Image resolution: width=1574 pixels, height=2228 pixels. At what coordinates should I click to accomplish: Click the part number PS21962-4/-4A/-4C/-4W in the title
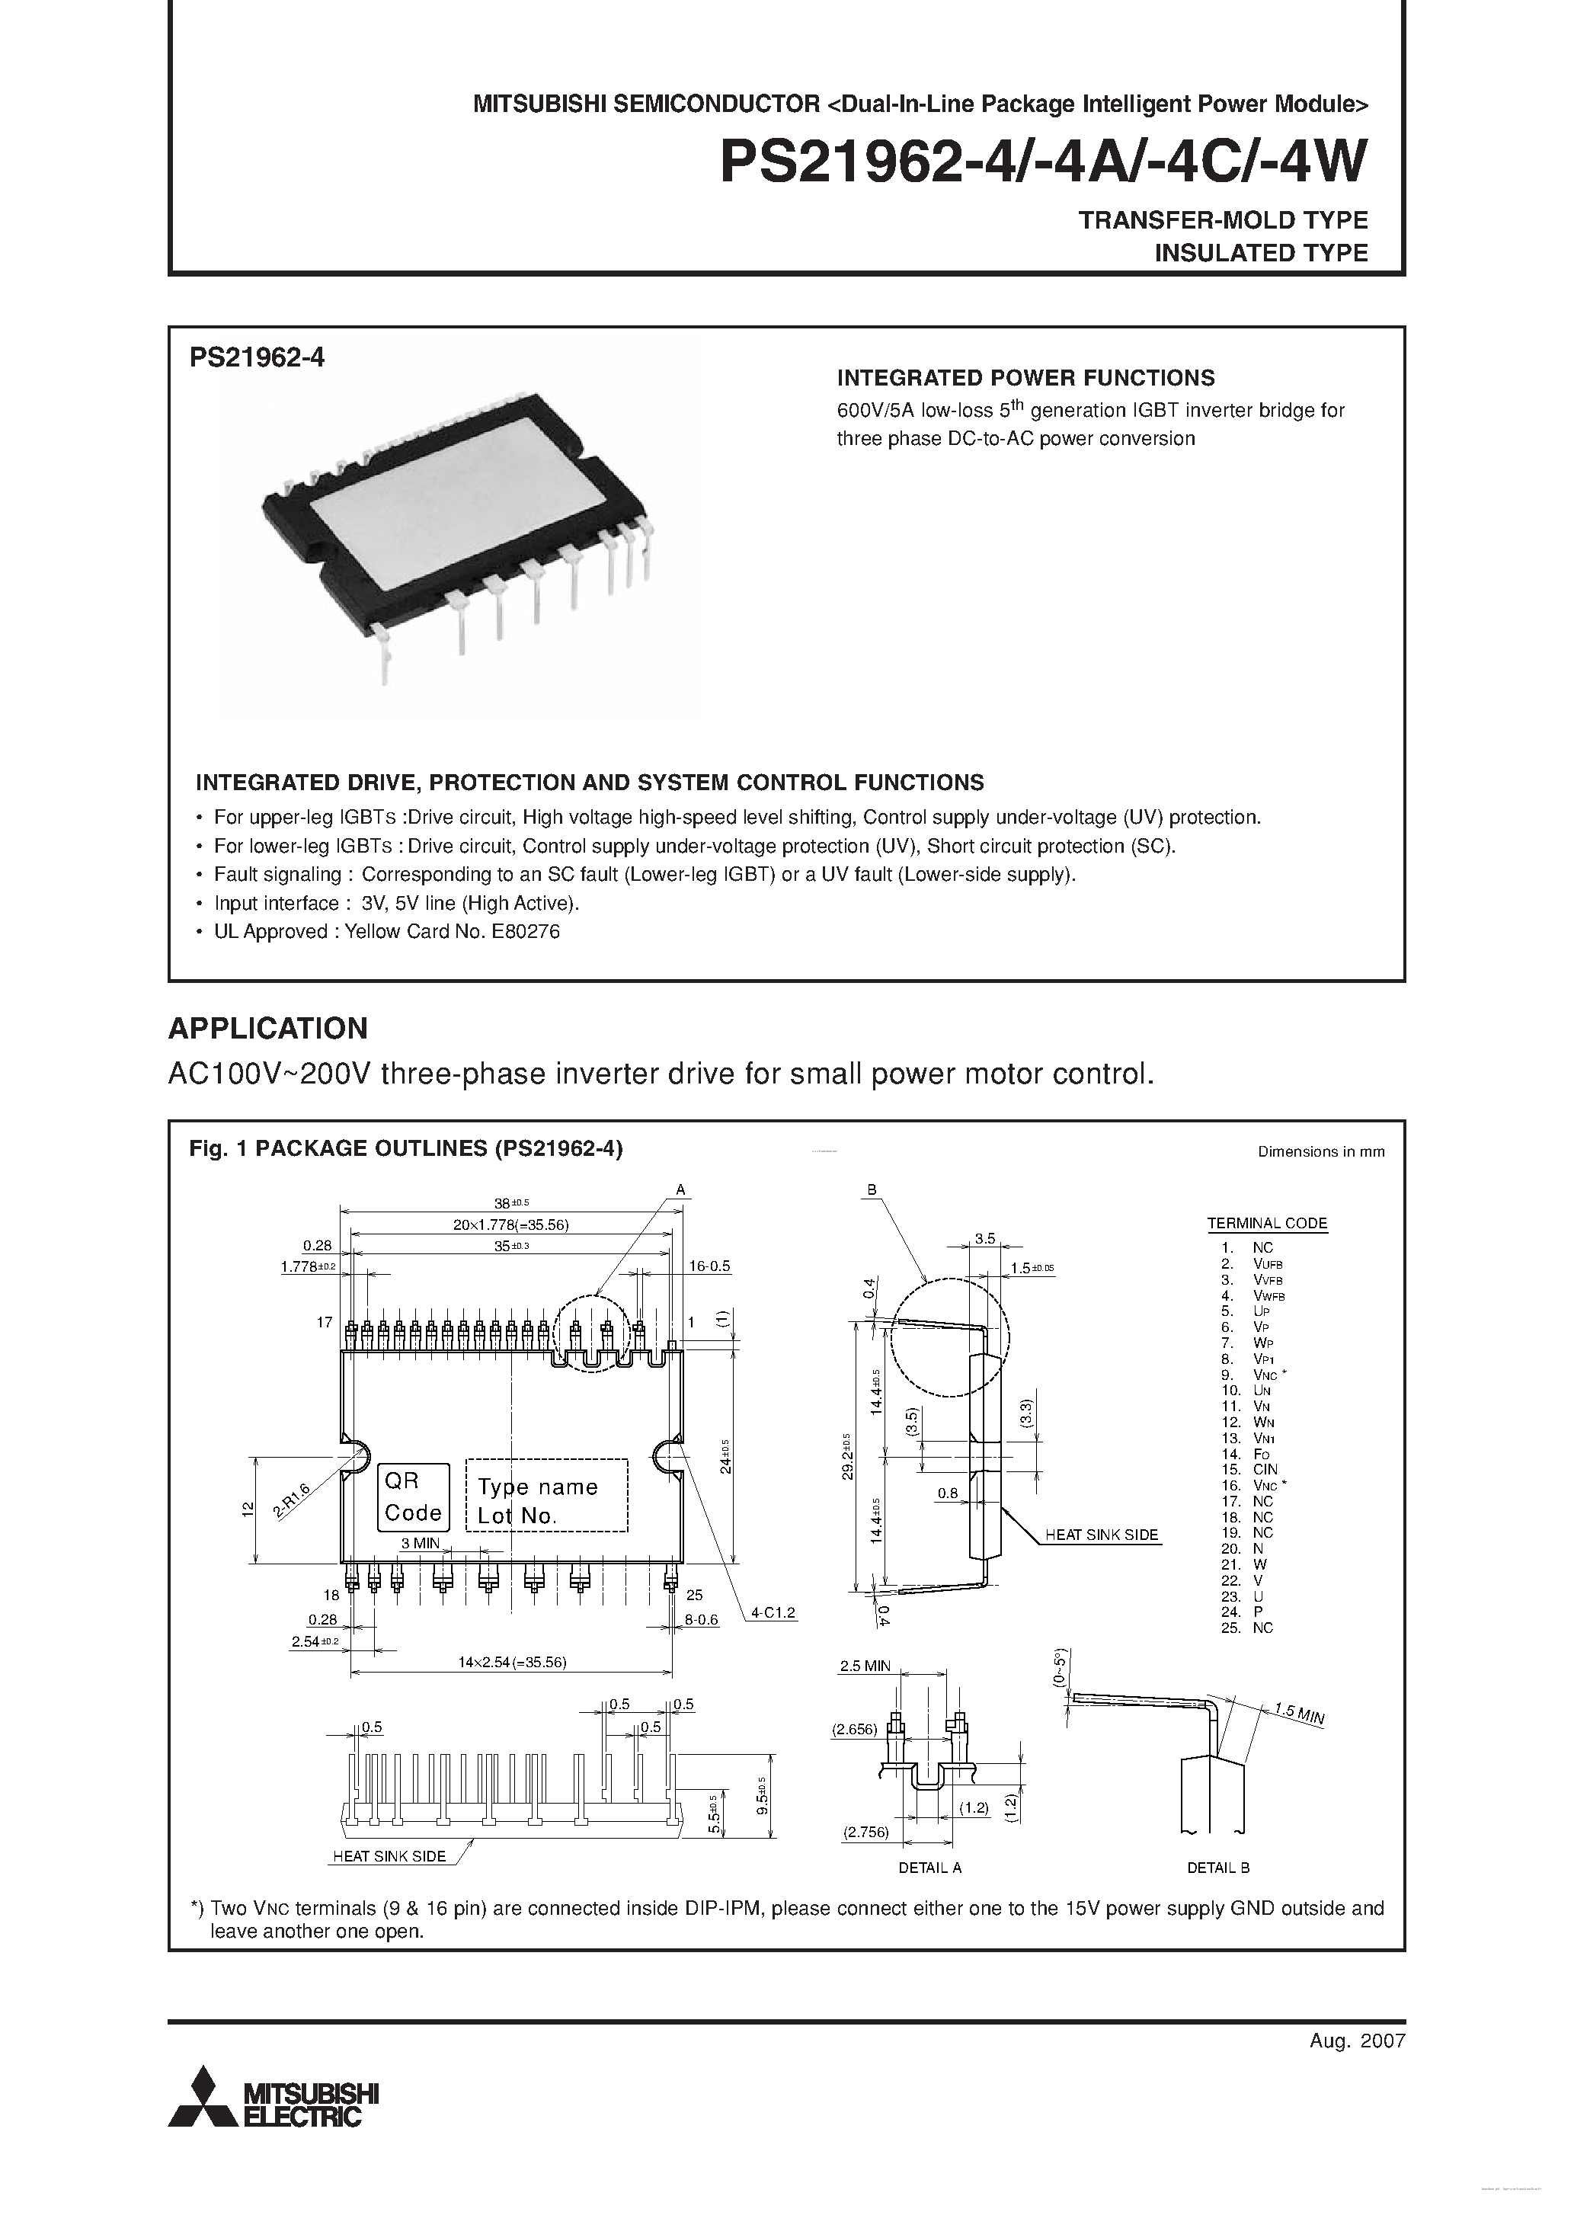point(1042,162)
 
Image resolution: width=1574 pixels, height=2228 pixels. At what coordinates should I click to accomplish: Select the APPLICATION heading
point(268,1028)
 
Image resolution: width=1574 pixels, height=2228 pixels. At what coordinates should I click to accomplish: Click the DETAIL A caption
point(929,1866)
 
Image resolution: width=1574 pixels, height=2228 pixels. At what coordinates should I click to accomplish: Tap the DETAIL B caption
point(1218,1866)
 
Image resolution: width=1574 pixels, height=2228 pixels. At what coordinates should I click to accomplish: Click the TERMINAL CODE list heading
point(1266,1223)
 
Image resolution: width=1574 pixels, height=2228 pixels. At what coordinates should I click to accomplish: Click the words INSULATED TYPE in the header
point(1261,252)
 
